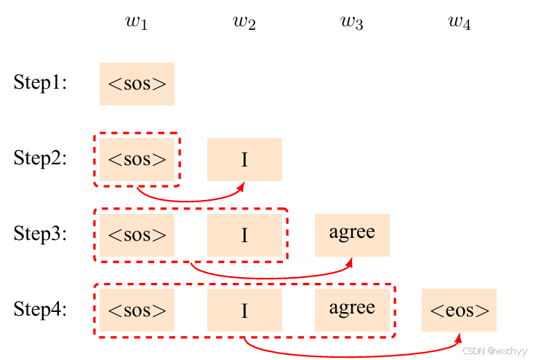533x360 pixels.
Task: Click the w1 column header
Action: (x=137, y=22)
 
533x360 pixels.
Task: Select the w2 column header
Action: (x=244, y=22)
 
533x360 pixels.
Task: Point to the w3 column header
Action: (x=352, y=22)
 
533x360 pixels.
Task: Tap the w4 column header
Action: (x=460, y=22)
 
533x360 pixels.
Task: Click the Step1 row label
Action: (x=40, y=84)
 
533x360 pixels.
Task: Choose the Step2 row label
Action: (x=40, y=159)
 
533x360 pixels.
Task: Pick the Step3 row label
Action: (x=40, y=234)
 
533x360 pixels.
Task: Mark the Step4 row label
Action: (x=40, y=310)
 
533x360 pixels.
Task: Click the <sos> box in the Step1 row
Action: (x=137, y=84)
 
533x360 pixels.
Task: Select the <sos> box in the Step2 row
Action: (x=137, y=159)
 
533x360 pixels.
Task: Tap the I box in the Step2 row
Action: (x=244, y=159)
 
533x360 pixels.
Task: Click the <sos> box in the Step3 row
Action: (x=137, y=234)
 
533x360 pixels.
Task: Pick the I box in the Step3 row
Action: (x=244, y=234)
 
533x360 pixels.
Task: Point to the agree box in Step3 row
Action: (x=352, y=234)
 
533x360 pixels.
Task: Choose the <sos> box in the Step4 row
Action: (x=137, y=310)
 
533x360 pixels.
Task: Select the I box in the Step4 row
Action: (x=244, y=310)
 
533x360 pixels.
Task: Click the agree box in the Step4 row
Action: (x=352, y=310)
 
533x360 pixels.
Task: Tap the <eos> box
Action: (x=460, y=310)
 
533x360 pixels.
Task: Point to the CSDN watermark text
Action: (x=495, y=351)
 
